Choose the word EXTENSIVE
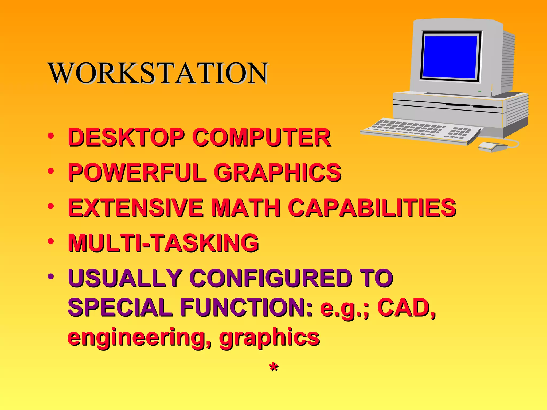click(x=136, y=208)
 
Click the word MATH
click(x=246, y=208)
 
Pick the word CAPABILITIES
click(x=373, y=208)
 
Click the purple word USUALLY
click(x=125, y=278)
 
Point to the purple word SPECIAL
click(x=120, y=308)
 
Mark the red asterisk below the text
click(x=274, y=368)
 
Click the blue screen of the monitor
click(x=450, y=57)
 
